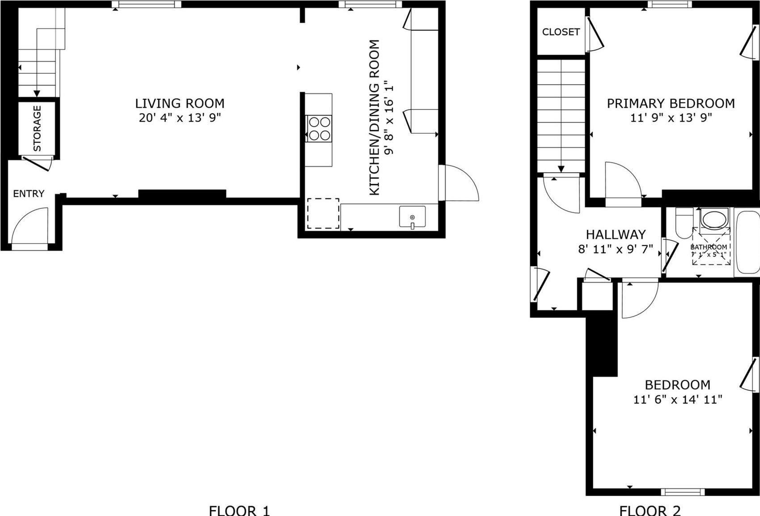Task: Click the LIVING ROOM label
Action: pos(180,103)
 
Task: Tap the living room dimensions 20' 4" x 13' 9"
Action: pos(180,118)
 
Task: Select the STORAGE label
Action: pos(37,128)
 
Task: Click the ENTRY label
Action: pos(29,194)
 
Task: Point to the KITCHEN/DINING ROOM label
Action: pos(375,117)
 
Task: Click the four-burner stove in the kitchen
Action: pos(319,129)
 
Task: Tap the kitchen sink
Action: pos(412,217)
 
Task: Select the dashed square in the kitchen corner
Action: pos(323,213)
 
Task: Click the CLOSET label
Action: pos(561,32)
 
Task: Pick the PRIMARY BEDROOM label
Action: pos(671,103)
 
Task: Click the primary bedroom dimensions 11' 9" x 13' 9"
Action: pos(671,118)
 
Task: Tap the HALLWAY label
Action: pos(616,234)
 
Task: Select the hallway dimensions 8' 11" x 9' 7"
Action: pos(616,249)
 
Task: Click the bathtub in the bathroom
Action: pos(747,242)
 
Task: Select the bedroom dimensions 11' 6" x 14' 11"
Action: pos(678,399)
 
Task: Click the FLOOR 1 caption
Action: pos(239,510)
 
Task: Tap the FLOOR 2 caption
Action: pos(650,510)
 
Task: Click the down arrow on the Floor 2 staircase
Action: pos(561,168)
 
